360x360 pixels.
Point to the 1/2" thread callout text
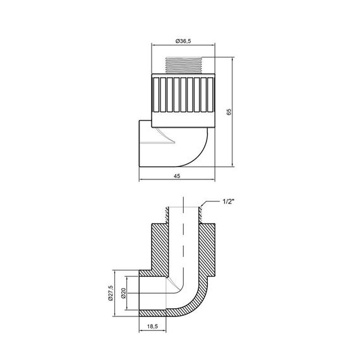tap(229, 201)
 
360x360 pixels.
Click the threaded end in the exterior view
tap(184, 66)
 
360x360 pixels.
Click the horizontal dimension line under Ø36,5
tap(184, 47)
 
